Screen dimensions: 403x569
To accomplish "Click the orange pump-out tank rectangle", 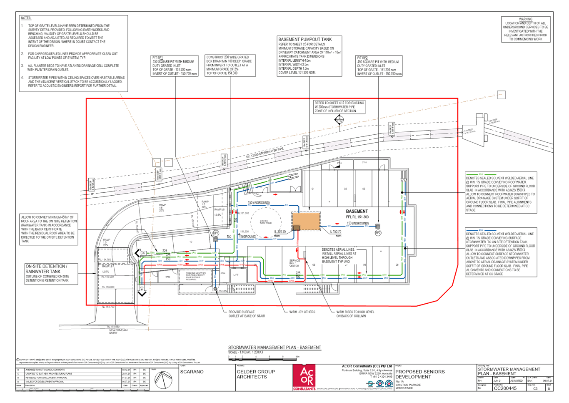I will [306, 221].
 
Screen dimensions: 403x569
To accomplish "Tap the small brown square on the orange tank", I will [296, 227].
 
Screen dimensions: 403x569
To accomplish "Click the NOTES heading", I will [26, 18].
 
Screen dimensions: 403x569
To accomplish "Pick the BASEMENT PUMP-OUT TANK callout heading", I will [305, 39].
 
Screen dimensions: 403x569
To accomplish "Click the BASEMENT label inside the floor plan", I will [357, 212].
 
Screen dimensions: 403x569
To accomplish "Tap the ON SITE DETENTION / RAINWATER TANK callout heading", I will [46, 269].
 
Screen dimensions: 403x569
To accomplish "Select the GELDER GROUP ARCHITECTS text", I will [252, 374].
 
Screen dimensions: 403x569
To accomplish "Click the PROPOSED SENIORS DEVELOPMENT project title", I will [420, 374].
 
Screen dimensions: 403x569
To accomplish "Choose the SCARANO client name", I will [192, 371].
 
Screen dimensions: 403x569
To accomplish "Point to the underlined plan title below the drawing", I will [275, 348].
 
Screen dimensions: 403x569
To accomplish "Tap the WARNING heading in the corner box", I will [525, 19].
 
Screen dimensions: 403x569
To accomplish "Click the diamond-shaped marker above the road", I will [339, 120].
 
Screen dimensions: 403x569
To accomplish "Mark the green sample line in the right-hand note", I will [482, 174].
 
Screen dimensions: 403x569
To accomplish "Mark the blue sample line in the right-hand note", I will [482, 230].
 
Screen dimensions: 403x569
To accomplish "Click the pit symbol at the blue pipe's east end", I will [378, 226].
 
